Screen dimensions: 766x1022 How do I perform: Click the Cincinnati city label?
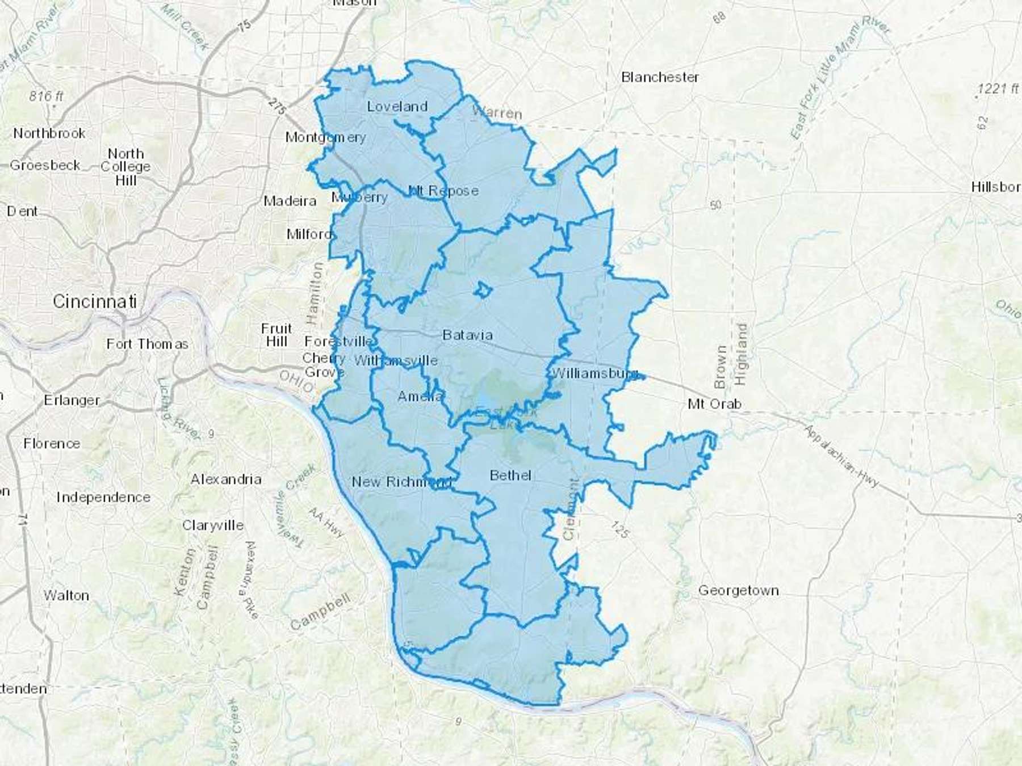point(95,301)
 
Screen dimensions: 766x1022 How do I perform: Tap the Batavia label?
point(467,335)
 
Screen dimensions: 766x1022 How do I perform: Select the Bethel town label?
point(510,475)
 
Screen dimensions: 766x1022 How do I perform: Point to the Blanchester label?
point(660,77)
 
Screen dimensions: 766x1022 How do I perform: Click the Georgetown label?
point(738,591)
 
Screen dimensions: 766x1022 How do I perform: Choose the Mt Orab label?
point(714,404)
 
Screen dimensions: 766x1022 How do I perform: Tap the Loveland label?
point(397,107)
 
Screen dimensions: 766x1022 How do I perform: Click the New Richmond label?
point(401,482)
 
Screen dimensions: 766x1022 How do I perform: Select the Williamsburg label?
point(594,373)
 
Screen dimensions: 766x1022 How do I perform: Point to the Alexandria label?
point(226,479)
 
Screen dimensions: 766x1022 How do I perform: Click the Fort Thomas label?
point(147,344)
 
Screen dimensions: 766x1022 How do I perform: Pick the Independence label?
point(103,498)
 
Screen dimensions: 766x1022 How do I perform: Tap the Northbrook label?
point(49,133)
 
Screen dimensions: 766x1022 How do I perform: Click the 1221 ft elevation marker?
point(998,89)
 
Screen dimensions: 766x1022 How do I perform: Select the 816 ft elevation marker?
point(47,96)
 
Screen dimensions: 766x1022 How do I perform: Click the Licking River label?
point(178,409)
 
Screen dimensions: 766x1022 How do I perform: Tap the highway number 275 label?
point(277,107)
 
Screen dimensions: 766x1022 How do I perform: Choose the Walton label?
point(66,596)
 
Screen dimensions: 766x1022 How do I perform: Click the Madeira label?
point(290,201)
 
